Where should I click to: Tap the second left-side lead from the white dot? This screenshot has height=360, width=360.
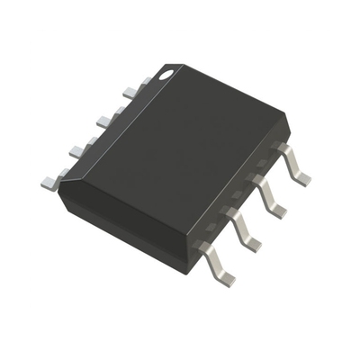coord(107,116)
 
